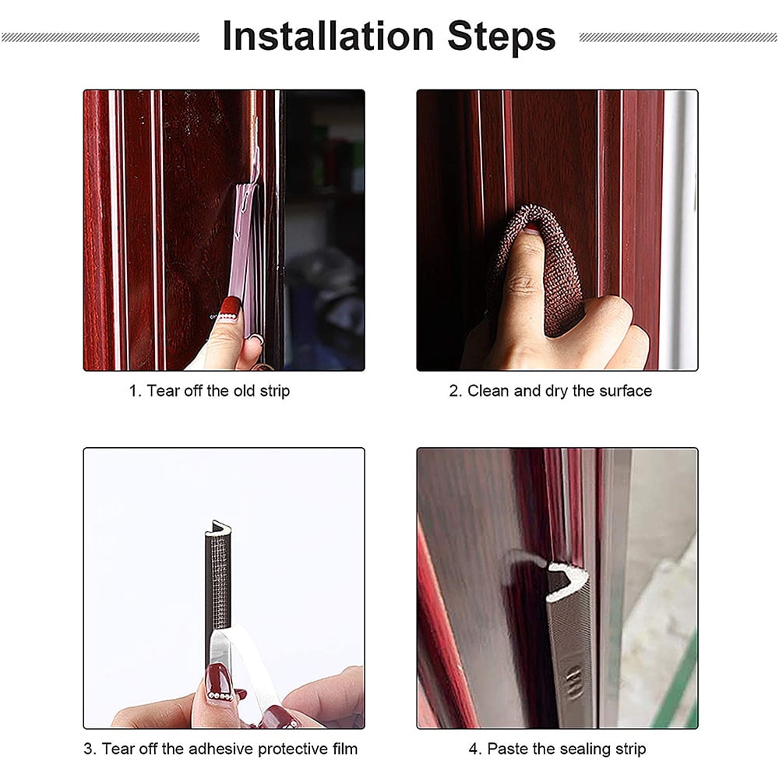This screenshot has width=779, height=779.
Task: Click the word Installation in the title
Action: tap(328, 37)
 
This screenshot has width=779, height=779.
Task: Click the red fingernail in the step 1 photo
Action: tap(229, 308)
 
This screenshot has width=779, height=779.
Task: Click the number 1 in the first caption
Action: tap(133, 391)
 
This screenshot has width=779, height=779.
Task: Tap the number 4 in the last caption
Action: tap(474, 749)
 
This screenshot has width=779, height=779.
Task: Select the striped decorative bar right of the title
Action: tap(678, 37)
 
